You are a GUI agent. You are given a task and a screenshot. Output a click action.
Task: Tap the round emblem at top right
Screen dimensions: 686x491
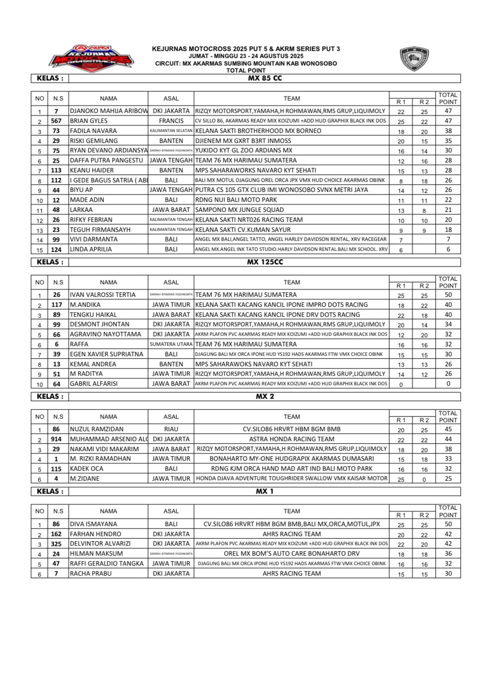click(x=414, y=59)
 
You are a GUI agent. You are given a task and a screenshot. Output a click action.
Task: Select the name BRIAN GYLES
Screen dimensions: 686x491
click(x=88, y=121)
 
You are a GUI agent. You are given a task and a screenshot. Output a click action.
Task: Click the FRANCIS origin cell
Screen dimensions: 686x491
click(x=171, y=121)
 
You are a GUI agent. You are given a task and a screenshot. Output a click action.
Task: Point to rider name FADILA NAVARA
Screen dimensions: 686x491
click(x=93, y=131)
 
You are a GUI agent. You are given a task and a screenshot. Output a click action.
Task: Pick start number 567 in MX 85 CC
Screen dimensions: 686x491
click(x=56, y=121)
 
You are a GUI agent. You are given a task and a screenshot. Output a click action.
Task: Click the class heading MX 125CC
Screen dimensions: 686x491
click(x=264, y=262)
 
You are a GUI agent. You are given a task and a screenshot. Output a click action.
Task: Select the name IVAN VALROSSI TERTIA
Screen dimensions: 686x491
click(x=102, y=295)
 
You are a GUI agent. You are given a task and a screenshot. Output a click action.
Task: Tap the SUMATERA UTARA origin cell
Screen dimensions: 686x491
click(x=171, y=344)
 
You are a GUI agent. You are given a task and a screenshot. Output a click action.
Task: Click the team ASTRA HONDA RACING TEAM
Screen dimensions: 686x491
click(x=292, y=439)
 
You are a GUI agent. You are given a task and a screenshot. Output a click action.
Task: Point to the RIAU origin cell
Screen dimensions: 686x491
click(x=171, y=429)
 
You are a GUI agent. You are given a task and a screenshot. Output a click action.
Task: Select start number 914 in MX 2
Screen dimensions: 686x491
click(x=56, y=439)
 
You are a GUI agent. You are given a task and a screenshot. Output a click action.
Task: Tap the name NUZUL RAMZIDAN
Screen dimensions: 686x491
click(x=96, y=429)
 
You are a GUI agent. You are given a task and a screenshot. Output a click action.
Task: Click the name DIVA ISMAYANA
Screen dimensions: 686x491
click(x=93, y=524)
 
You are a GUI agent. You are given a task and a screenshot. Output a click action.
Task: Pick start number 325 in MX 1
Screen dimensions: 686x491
click(x=56, y=544)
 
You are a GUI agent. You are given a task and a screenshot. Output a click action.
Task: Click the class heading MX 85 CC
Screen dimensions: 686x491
click(x=265, y=78)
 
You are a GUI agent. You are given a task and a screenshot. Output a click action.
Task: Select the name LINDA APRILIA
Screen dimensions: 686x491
click(x=90, y=249)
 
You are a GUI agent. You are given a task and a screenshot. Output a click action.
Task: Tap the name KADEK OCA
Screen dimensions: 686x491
click(x=86, y=469)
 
